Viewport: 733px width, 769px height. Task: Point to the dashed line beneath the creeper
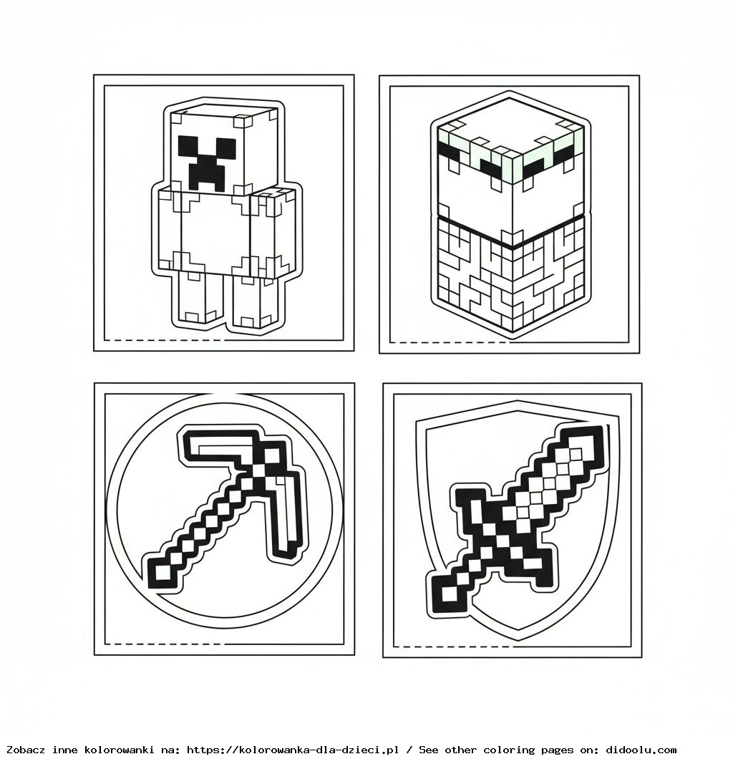pos(163,339)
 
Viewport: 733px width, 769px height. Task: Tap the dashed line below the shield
pos(451,646)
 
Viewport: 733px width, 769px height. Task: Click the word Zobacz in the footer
pos(27,750)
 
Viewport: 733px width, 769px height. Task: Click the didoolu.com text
pos(641,750)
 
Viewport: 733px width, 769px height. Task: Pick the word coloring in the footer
pos(508,750)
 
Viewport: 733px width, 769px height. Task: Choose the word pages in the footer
pos(558,750)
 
